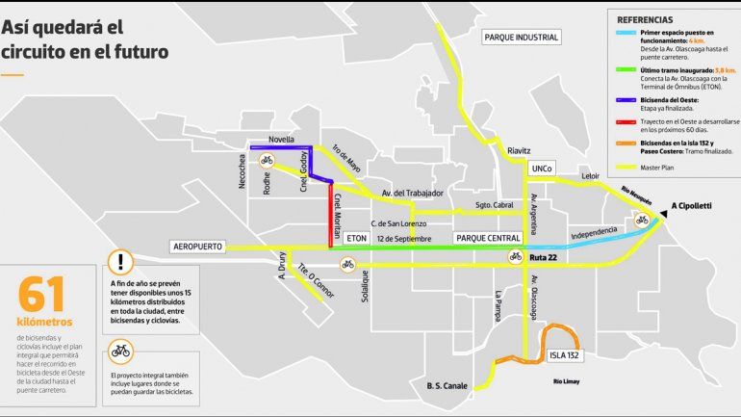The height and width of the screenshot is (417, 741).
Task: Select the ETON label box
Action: pos(357,237)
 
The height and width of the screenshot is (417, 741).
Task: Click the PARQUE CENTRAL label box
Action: pos(488,237)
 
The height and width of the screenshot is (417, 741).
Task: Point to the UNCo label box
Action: pos(542,169)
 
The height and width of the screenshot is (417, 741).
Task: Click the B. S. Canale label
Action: pos(447,386)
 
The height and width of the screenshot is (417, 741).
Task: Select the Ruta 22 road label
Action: pos(546,257)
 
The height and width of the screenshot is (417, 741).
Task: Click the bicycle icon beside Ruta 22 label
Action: pos(516,256)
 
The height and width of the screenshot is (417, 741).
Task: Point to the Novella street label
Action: pos(281,140)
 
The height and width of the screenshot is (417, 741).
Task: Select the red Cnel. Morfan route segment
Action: pos(330,217)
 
